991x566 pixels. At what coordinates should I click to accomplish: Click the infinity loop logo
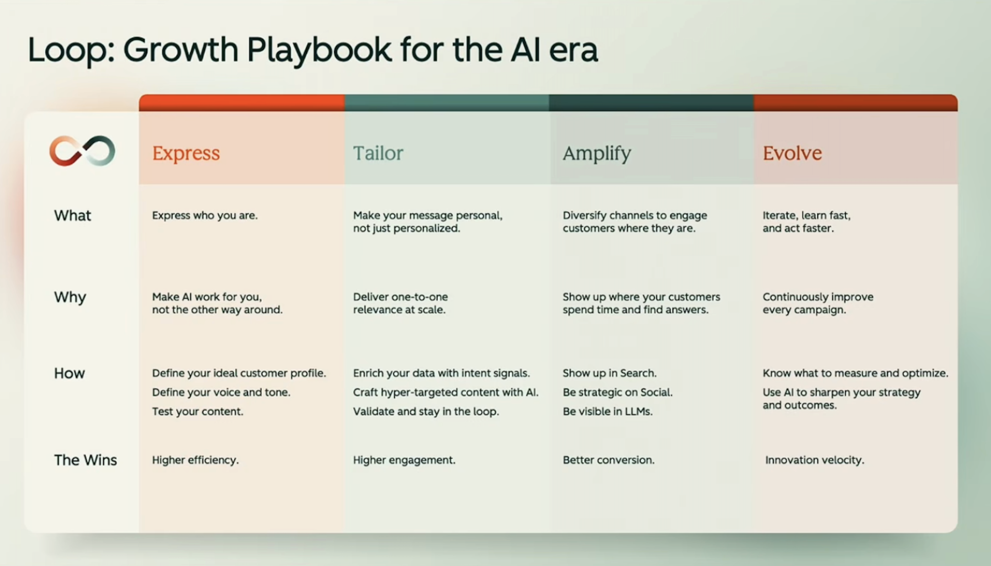click(x=82, y=151)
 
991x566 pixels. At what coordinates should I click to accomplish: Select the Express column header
click(x=186, y=153)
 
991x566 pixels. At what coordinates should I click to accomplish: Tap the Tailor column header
click(x=378, y=153)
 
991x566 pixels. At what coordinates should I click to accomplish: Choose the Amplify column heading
click(x=597, y=153)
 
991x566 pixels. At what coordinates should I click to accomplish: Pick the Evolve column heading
click(x=792, y=153)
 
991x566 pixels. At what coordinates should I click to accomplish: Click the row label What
click(x=72, y=216)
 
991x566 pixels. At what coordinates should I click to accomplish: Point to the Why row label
click(x=70, y=297)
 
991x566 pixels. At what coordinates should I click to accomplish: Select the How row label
click(x=69, y=373)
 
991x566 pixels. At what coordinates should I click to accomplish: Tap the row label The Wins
click(x=85, y=460)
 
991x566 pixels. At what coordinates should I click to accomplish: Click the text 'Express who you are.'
click(x=204, y=216)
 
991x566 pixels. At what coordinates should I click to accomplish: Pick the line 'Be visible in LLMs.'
click(x=608, y=412)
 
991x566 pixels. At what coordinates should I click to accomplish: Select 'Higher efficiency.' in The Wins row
click(x=195, y=460)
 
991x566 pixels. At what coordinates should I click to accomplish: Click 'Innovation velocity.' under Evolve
click(x=814, y=460)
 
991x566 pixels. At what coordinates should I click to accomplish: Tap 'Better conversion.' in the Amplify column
click(x=608, y=460)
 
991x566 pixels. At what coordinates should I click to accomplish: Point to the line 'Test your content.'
click(x=197, y=412)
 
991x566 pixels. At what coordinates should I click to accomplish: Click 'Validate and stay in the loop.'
click(x=426, y=412)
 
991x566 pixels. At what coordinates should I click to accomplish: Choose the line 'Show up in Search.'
click(x=609, y=373)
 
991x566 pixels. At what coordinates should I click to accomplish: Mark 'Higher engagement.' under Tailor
click(x=404, y=460)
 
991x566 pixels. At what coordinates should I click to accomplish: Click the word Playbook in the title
click(x=319, y=50)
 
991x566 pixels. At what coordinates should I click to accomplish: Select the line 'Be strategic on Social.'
click(x=617, y=392)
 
